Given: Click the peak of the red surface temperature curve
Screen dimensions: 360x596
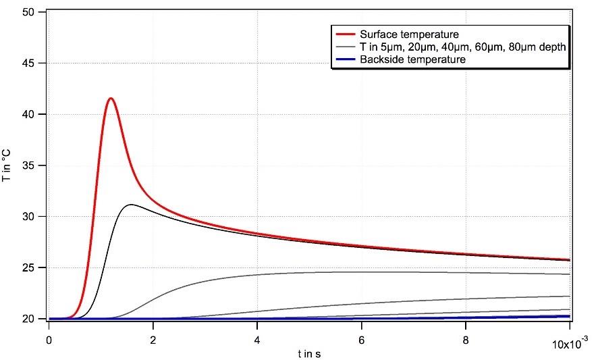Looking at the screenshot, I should tap(111, 99).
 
